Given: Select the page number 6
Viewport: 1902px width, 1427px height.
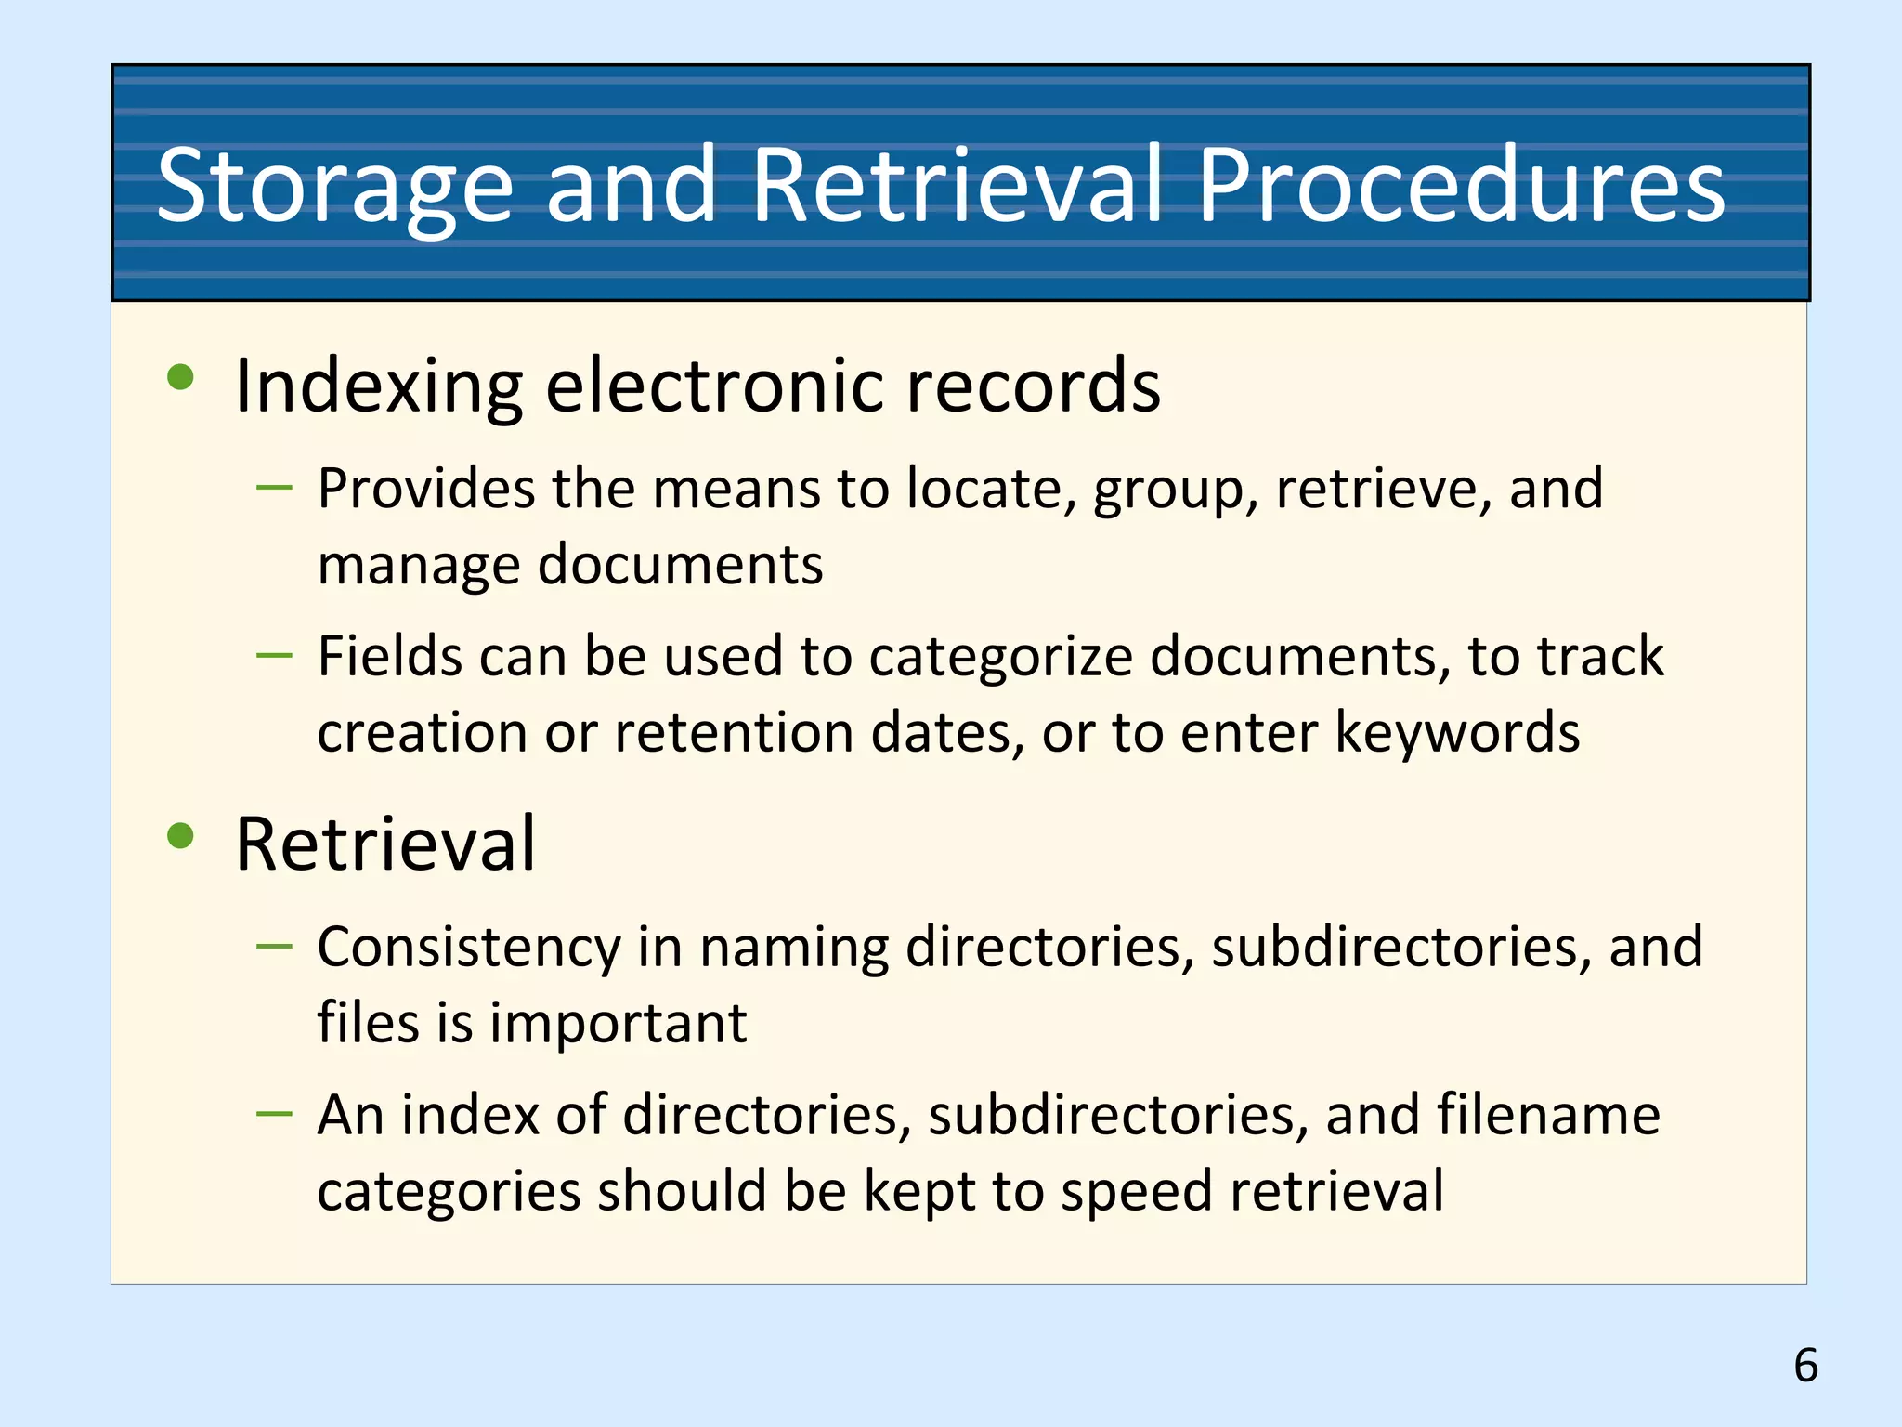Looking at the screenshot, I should (1805, 1365).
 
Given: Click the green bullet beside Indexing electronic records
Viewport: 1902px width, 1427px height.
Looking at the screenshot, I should (180, 377).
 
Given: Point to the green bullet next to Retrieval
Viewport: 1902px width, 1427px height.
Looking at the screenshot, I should (180, 835).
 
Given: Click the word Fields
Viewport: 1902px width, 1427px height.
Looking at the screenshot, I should (395, 656).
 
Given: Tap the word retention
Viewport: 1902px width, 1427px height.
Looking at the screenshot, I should (734, 732).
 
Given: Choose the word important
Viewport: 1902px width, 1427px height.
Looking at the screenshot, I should (618, 1023).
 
